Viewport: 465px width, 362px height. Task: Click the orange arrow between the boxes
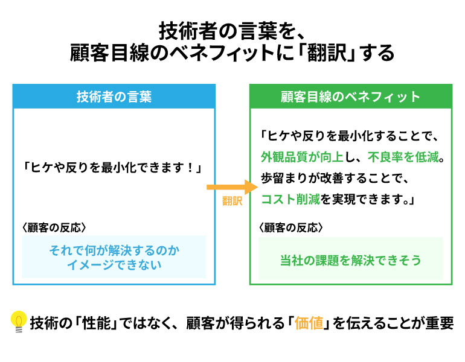(x=232, y=187)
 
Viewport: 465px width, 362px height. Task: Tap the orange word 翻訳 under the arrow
(x=232, y=201)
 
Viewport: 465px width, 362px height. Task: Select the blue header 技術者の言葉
(x=114, y=97)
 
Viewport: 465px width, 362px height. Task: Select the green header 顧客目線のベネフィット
(x=351, y=97)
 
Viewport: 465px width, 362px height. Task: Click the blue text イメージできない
(x=114, y=264)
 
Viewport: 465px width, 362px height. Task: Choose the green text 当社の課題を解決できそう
(x=351, y=260)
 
